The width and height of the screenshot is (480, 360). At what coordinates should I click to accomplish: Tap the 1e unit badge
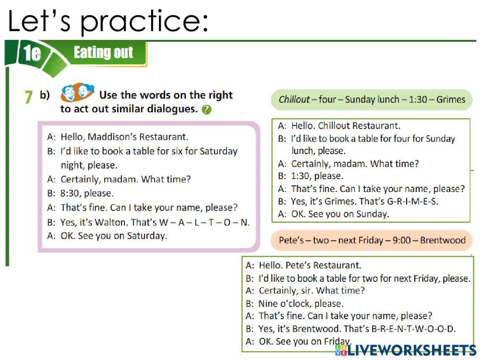coord(32,53)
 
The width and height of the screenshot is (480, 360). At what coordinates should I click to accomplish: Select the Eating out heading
coord(103,52)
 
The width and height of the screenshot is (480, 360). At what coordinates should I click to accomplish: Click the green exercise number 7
coord(28,97)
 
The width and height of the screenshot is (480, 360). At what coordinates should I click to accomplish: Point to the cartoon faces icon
coord(77,92)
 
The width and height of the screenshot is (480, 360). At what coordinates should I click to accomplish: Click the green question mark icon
coord(206,109)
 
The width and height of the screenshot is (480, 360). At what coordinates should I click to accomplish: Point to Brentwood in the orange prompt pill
coord(443,240)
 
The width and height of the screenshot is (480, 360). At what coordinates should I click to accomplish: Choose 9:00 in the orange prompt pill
coord(402,240)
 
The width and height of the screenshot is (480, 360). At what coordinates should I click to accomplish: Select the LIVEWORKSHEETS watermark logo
coord(406,350)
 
